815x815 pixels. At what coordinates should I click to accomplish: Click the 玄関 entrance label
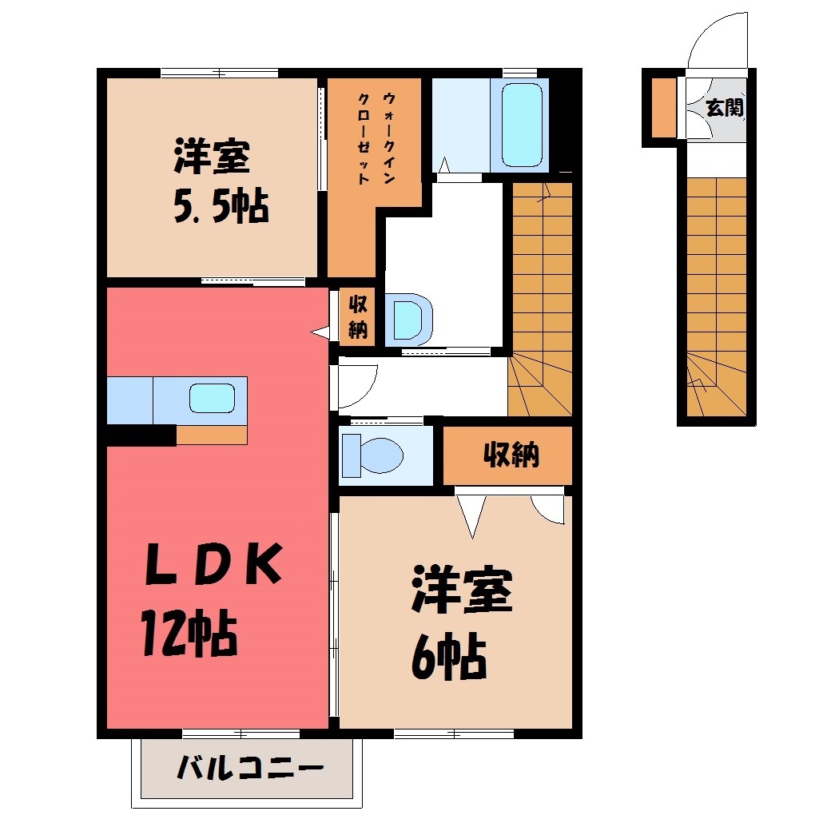pyautogui.click(x=724, y=108)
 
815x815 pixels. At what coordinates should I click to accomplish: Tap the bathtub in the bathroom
pyautogui.click(x=522, y=125)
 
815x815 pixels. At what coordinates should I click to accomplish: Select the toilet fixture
pyautogui.click(x=372, y=455)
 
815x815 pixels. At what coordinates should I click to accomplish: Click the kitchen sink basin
pyautogui.click(x=212, y=398)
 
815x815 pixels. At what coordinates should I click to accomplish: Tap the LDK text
pyautogui.click(x=213, y=564)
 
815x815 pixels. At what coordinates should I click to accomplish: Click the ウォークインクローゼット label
pyautogui.click(x=376, y=138)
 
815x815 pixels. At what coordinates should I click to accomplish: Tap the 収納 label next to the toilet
pyautogui.click(x=511, y=455)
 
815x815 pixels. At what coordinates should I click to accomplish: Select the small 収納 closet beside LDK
pyautogui.click(x=357, y=317)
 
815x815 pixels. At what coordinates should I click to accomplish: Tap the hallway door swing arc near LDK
pyautogui.click(x=362, y=394)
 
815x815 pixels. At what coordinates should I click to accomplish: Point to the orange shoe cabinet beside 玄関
pyautogui.click(x=664, y=108)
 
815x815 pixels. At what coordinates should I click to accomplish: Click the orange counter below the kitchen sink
pyautogui.click(x=212, y=435)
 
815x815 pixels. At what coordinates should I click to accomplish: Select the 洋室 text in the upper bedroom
pyautogui.click(x=212, y=156)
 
